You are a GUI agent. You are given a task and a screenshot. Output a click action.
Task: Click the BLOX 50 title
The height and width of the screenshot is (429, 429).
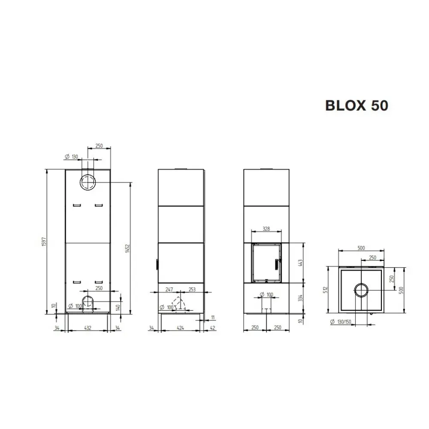356,105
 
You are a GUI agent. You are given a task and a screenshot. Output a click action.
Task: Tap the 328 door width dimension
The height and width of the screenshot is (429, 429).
266,229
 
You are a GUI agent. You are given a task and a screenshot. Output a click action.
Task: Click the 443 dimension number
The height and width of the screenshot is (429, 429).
300,262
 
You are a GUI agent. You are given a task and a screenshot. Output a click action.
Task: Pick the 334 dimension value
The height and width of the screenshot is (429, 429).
300,298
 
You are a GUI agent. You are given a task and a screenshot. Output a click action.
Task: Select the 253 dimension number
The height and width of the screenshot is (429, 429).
191,290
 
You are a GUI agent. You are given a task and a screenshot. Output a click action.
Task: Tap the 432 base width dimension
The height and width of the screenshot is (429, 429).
87,328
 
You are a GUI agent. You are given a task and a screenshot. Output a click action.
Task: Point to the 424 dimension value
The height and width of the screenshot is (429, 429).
180,328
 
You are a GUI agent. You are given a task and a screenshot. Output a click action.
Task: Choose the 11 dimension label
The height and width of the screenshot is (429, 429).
213,318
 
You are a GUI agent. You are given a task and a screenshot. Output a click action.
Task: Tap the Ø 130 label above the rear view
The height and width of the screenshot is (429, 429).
71,157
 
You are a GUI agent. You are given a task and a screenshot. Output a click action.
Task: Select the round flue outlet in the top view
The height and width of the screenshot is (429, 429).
361,290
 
